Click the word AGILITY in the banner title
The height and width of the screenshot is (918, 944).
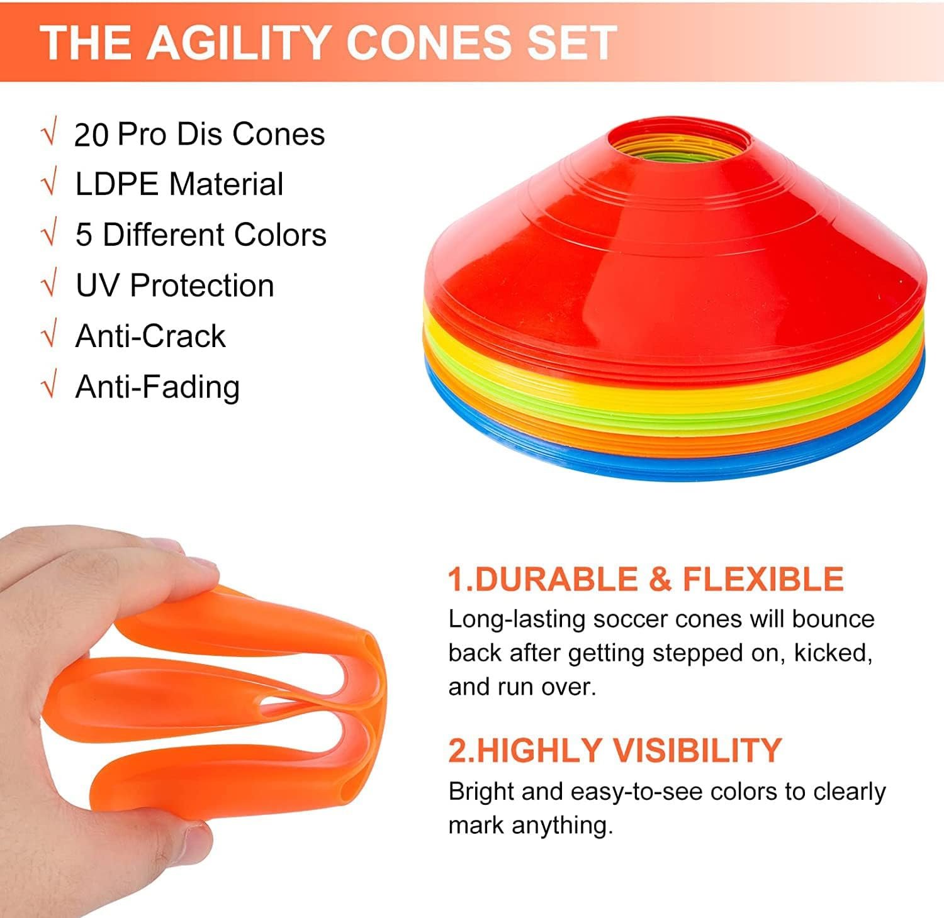239,42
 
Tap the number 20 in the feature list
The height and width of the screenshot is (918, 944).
91,135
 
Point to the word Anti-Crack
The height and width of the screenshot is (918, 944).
150,336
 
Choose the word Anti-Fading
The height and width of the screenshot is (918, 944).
157,387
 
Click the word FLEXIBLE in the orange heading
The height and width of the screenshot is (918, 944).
763,579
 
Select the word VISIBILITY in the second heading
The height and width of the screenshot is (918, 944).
697,749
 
